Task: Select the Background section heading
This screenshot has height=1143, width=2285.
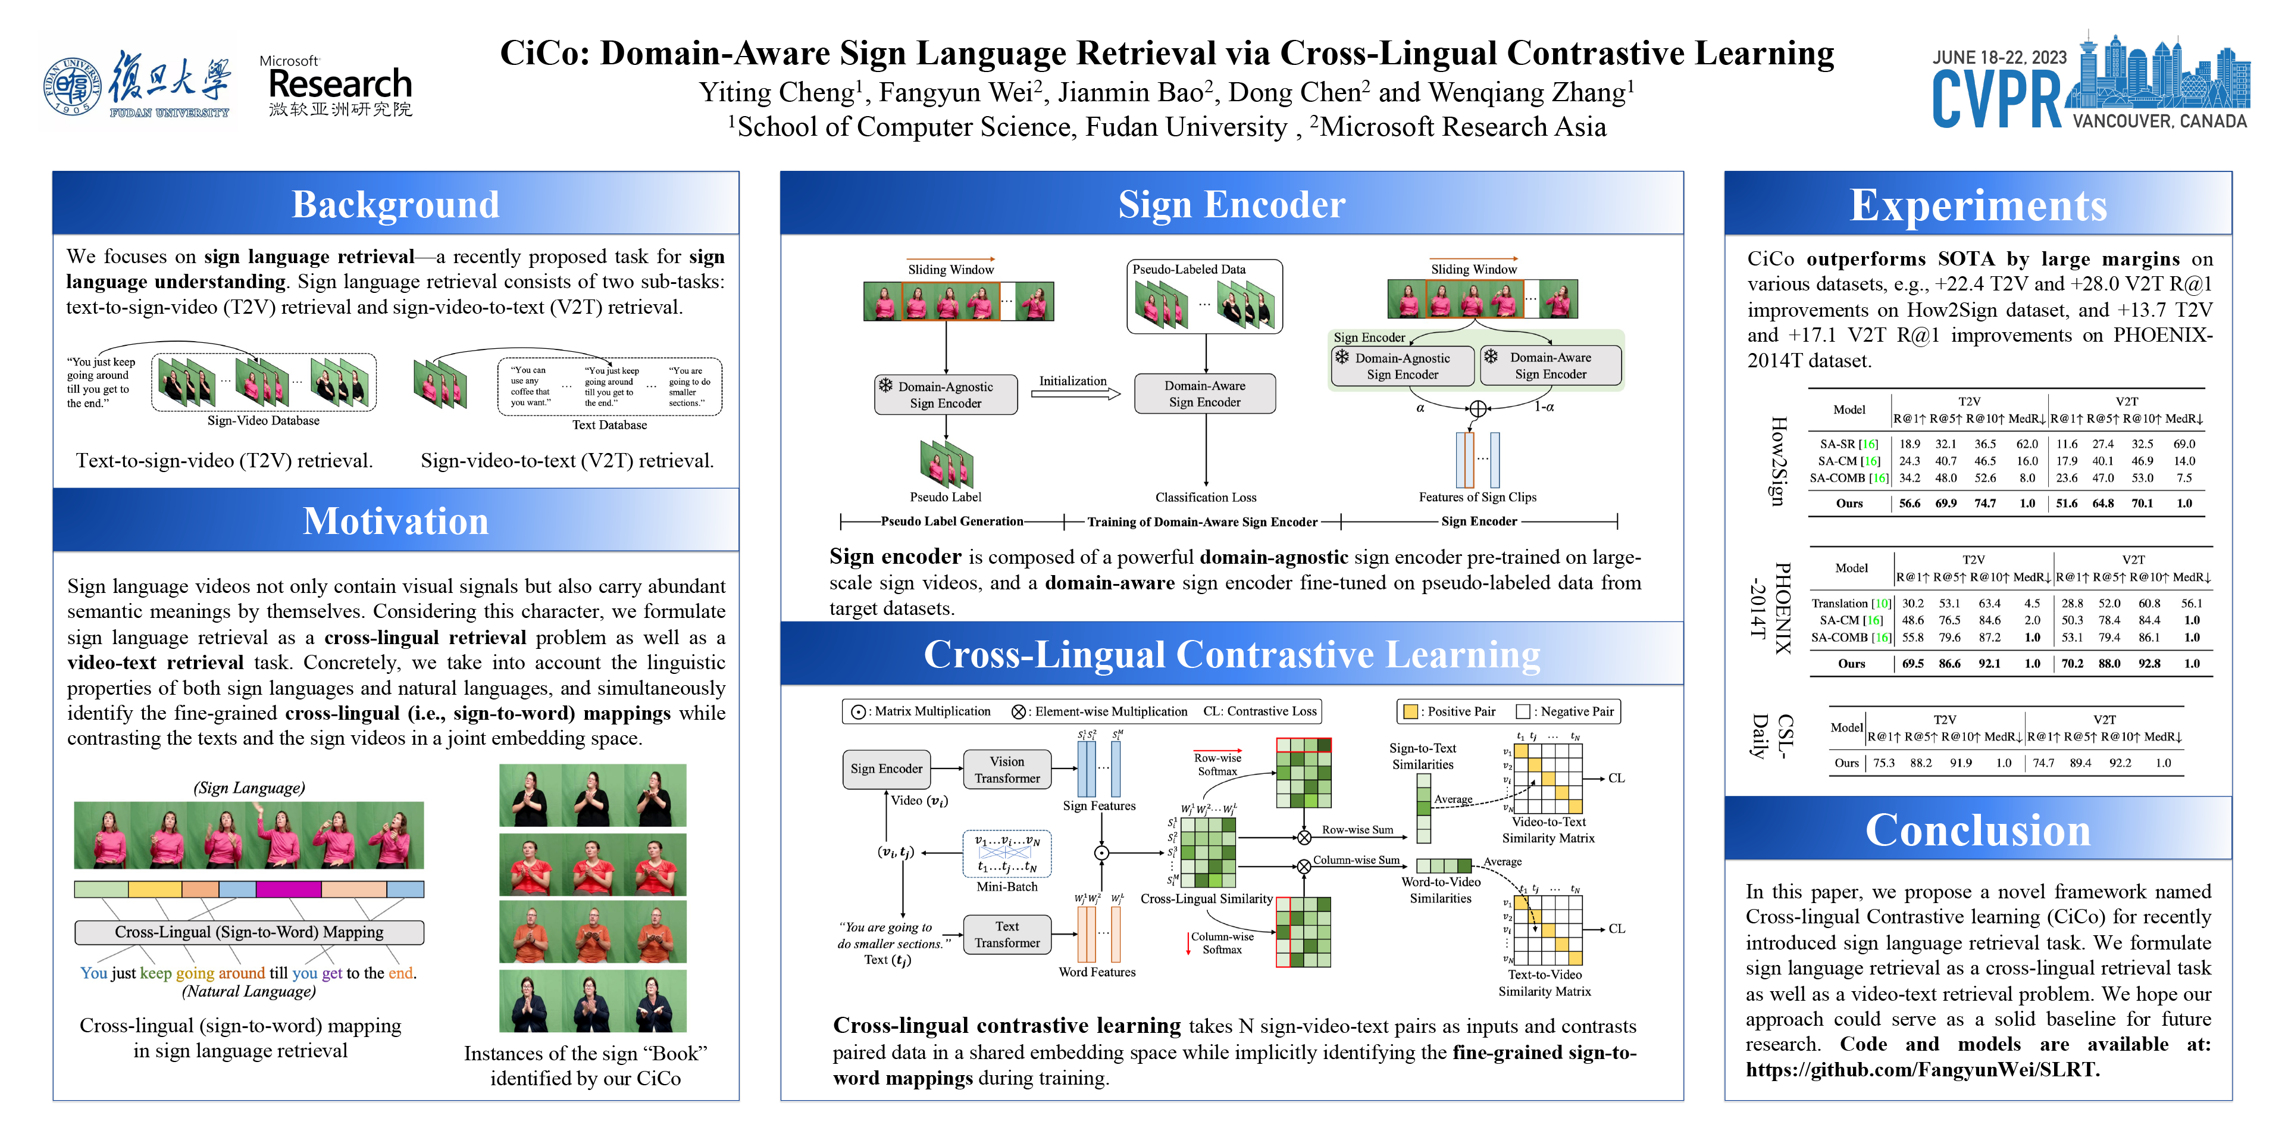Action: click(x=396, y=204)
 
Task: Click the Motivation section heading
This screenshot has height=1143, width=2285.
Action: click(x=396, y=521)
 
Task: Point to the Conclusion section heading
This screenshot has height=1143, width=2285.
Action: click(x=1977, y=830)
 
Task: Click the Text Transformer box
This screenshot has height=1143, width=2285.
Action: click(x=1007, y=935)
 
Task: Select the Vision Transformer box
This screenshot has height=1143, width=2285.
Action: click(x=1007, y=769)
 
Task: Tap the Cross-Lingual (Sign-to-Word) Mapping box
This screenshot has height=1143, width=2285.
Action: click(x=249, y=932)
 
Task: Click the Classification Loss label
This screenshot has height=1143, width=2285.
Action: click(x=1206, y=498)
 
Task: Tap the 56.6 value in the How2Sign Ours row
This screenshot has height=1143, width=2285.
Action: click(x=1909, y=503)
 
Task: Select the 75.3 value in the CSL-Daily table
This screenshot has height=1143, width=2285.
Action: click(x=1883, y=763)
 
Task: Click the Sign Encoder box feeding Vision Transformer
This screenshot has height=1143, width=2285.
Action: click(x=886, y=769)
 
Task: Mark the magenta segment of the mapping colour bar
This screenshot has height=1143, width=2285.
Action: click(x=288, y=889)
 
